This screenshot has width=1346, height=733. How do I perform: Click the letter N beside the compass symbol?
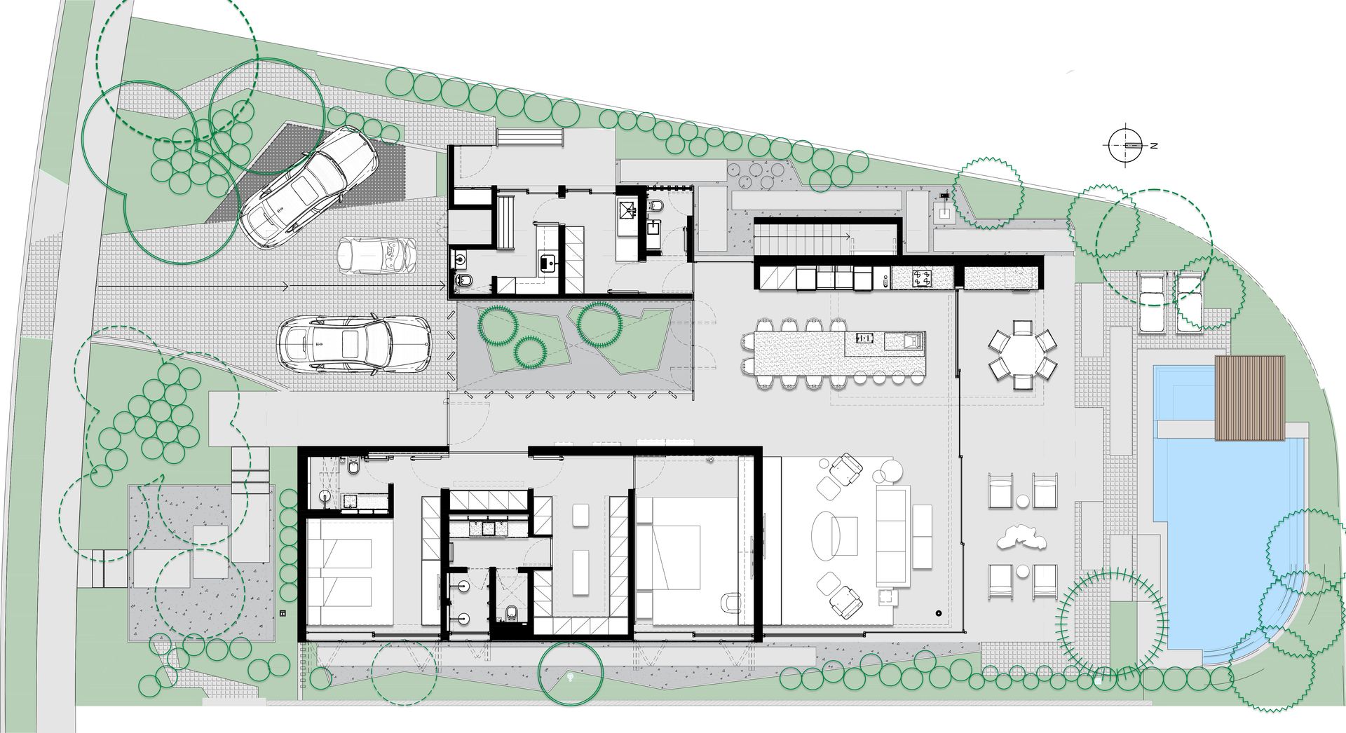pyautogui.click(x=1153, y=146)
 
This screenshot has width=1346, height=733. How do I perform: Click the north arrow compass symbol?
pyautogui.click(x=1127, y=146)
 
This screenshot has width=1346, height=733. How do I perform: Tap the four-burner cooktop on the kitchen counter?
pyautogui.click(x=921, y=278)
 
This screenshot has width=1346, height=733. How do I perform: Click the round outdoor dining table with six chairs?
pyautogui.click(x=1022, y=355)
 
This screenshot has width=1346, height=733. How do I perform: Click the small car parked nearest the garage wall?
pyautogui.click(x=376, y=256)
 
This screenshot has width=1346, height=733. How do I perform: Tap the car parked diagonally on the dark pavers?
pyautogui.click(x=308, y=187)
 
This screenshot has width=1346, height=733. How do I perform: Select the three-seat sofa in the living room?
pyautogui.click(x=892, y=536)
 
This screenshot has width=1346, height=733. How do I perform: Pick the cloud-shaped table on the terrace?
pyautogui.click(x=1020, y=537)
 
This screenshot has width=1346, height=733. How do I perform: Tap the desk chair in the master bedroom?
pyautogui.click(x=731, y=602)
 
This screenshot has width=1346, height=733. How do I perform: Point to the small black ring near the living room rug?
pyautogui.click(x=937, y=614)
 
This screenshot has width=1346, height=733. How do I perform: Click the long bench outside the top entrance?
pyautogui.click(x=531, y=137)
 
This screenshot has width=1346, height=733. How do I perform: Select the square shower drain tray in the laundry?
pyautogui.click(x=628, y=207)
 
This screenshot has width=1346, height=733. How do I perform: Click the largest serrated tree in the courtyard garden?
pyautogui.click(x=599, y=324)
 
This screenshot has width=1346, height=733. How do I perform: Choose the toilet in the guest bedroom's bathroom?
pyautogui.click(x=352, y=466)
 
